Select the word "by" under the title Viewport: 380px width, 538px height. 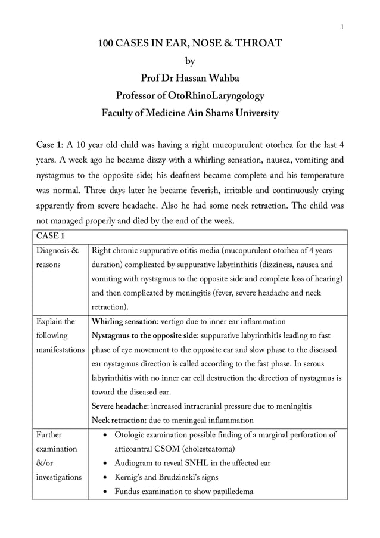coord(190,61)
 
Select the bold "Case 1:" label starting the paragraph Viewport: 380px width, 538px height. coord(51,146)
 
